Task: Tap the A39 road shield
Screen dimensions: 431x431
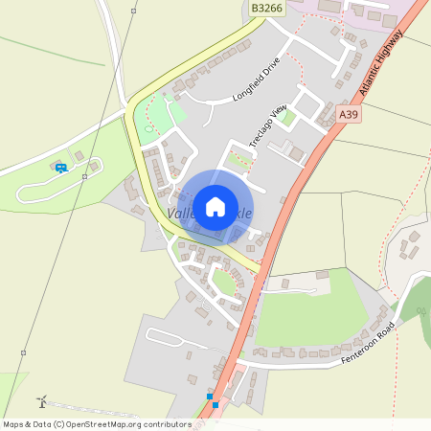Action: [x=350, y=114]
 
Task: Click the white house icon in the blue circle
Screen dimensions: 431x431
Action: [x=215, y=205]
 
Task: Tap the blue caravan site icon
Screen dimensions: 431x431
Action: [x=61, y=168]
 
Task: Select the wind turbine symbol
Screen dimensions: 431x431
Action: [x=41, y=400]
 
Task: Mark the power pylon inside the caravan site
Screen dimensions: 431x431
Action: [x=86, y=176]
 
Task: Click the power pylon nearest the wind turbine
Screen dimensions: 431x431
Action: [x=23, y=352]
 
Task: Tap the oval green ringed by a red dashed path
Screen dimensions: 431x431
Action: [x=226, y=283]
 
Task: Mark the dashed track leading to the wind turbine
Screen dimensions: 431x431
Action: [x=105, y=411]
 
